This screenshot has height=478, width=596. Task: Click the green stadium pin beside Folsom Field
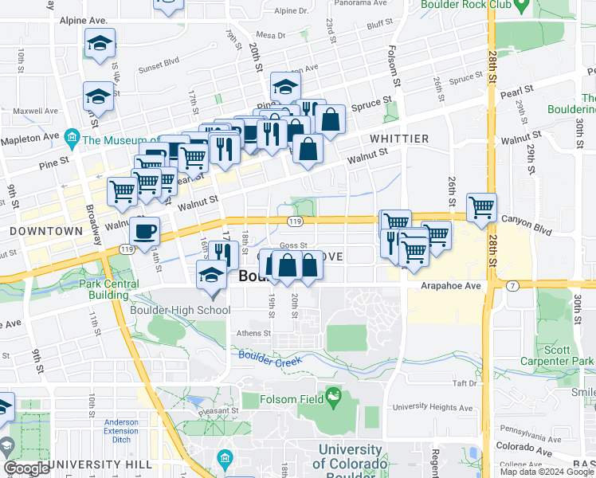[x=332, y=394]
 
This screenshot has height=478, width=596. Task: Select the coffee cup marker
[x=144, y=231]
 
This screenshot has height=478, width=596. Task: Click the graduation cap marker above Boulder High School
[x=211, y=276]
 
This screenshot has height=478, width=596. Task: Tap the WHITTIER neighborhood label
[x=399, y=139]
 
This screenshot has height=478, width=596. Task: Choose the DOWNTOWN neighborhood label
[x=46, y=230]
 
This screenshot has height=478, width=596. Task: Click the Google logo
[x=25, y=468]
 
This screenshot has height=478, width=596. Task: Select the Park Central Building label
[x=108, y=289]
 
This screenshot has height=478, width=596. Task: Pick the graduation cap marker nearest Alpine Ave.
[x=100, y=43]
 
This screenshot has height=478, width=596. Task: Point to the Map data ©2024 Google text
[x=547, y=472]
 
